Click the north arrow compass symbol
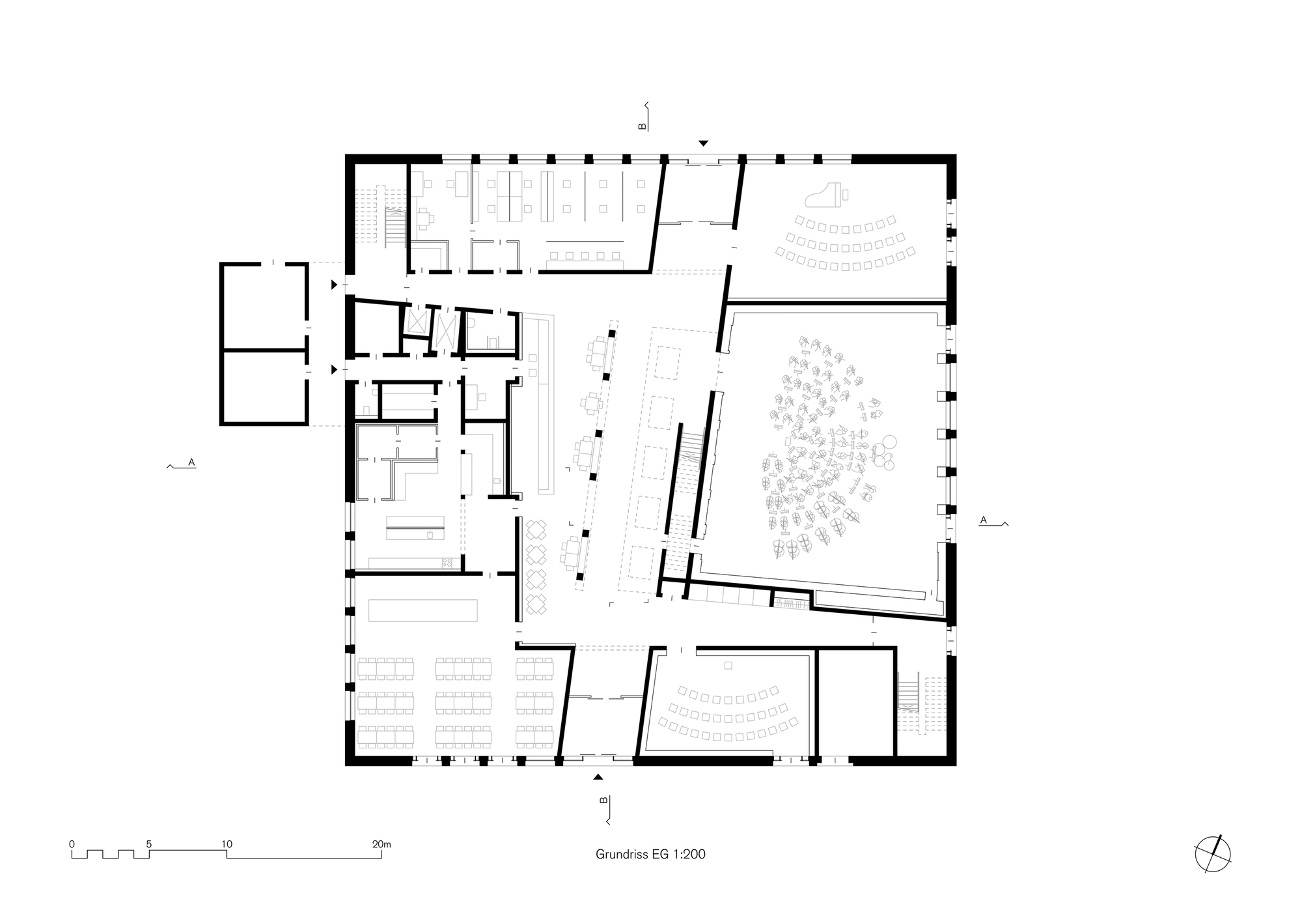pos(1213,853)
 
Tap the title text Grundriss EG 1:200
pos(650,854)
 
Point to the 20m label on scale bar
pos(381,844)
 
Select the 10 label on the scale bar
pos(227,844)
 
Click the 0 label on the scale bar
pos(72,844)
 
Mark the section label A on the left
pos(191,462)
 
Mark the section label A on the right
pos(984,520)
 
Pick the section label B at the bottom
pos(603,800)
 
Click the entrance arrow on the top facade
pos(702,143)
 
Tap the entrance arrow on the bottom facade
pos(599,776)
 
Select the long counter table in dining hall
pos(422,610)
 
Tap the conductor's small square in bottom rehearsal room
pos(728,665)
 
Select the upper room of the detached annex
pos(264,306)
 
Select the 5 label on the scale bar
pos(149,844)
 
